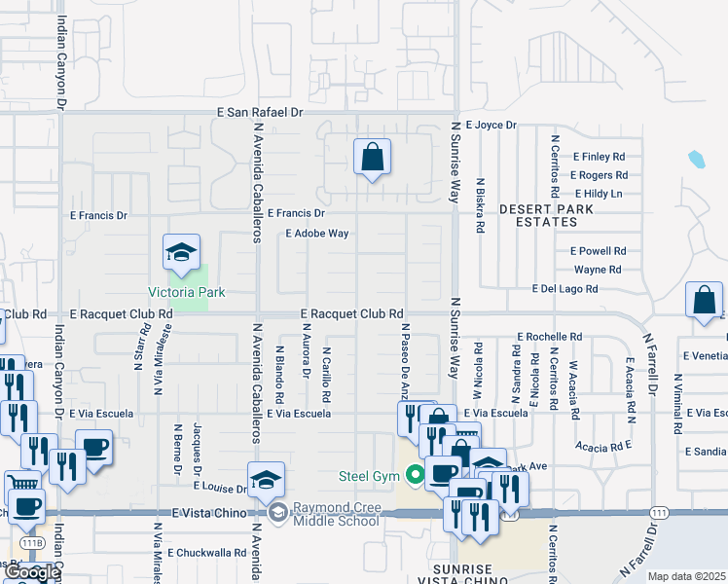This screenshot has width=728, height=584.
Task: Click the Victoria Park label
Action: point(186,292)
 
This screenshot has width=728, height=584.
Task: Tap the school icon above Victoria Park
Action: point(181,254)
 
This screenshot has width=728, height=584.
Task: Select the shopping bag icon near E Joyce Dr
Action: point(372,158)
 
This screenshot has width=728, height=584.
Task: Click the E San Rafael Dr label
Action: point(260,113)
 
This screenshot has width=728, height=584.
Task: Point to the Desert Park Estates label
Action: point(539,215)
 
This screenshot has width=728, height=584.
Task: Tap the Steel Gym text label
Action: point(369,476)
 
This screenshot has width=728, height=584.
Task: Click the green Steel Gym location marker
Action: point(416,476)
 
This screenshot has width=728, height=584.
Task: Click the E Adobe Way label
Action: point(316,234)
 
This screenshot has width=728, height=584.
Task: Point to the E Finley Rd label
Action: point(599,157)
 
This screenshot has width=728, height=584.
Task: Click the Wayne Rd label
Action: point(598,270)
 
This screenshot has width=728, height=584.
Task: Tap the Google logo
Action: point(31,573)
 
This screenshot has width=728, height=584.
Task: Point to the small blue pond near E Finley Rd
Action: point(696,159)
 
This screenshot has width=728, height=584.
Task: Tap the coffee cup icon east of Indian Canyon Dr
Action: point(94,449)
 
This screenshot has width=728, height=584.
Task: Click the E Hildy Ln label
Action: point(598,194)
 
